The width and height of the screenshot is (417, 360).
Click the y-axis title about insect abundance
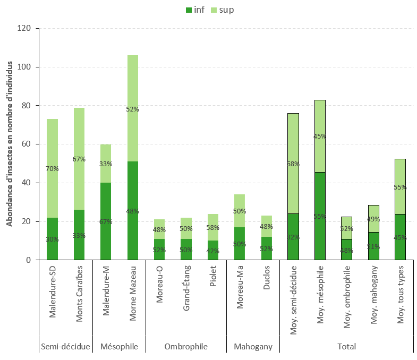point(10,144)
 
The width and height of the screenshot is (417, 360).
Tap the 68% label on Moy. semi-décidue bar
point(293,164)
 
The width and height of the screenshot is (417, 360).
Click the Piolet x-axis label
point(213,289)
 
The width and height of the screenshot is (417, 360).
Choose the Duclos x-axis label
point(267,290)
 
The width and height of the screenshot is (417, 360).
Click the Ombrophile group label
point(186,347)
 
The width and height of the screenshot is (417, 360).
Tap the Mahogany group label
point(253,347)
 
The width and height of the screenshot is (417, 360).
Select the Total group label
point(346,347)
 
